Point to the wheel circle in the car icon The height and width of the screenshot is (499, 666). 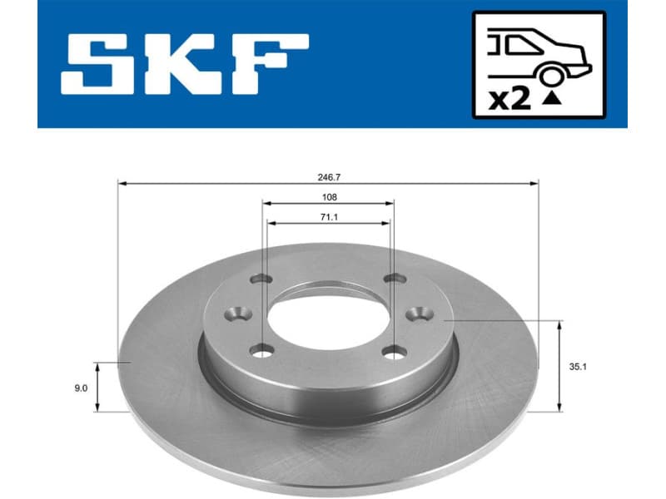550,77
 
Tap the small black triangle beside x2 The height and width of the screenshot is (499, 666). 550,100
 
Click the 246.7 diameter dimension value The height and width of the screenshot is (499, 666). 327,177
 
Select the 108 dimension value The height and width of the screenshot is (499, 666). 328,197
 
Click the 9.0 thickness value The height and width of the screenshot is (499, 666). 81,387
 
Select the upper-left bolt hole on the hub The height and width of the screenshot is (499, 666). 262,279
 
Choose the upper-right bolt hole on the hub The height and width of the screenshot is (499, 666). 392,279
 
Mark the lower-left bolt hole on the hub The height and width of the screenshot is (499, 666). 263,351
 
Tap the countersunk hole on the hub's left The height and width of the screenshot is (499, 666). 240,314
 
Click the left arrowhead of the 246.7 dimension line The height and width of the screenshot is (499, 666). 120,183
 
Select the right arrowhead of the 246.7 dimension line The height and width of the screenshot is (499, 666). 536,183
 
